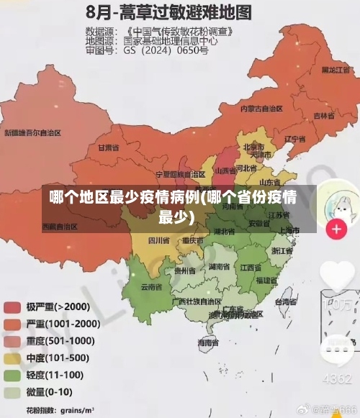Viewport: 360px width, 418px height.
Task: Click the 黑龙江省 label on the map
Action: [x=335, y=71]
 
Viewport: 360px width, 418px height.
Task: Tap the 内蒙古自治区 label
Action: [x=261, y=109]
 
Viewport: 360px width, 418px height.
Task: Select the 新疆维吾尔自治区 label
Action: [x=32, y=133]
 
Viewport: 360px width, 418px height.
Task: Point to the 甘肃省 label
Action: [x=107, y=147]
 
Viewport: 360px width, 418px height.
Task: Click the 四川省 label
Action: [x=158, y=240]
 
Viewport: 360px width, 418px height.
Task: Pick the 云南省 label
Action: [x=151, y=286]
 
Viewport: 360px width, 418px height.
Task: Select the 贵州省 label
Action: [x=184, y=271]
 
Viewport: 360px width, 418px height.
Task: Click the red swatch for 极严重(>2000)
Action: [x=12, y=306]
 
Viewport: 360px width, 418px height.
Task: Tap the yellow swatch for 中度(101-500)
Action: [x=12, y=358]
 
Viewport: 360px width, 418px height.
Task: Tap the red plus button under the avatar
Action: [x=336, y=230]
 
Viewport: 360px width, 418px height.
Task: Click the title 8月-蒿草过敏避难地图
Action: [x=169, y=12]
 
